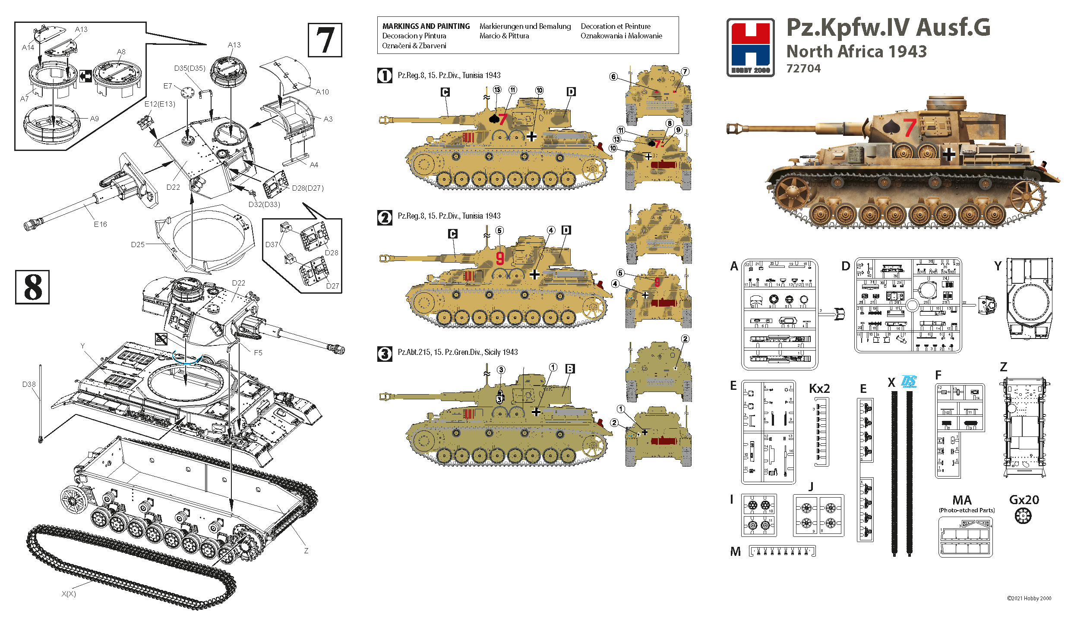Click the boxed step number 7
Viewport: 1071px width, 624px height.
pos(325,40)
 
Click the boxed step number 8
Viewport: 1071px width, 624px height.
pos(32,287)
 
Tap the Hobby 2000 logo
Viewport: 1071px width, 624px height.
pos(750,47)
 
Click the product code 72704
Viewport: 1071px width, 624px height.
pos(803,69)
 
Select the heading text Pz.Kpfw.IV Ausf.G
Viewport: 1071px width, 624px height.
pos(888,28)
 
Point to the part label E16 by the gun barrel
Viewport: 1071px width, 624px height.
pos(100,224)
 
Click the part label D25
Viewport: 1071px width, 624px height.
pos(138,245)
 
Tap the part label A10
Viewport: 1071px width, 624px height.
pos(322,92)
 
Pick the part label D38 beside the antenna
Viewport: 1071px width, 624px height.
pos(29,384)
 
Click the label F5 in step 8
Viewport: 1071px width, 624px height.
pos(258,353)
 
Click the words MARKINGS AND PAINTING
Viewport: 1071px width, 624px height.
pos(426,26)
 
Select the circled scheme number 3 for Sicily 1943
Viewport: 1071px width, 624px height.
pos(384,354)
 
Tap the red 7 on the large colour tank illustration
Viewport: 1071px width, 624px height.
pos(910,128)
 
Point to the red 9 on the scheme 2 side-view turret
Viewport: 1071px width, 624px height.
pos(500,258)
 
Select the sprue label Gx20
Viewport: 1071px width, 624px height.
pos(1024,500)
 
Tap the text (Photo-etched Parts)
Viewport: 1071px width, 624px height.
pos(967,510)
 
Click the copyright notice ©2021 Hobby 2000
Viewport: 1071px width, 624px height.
pos(1029,598)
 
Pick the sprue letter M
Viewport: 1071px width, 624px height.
pos(735,552)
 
